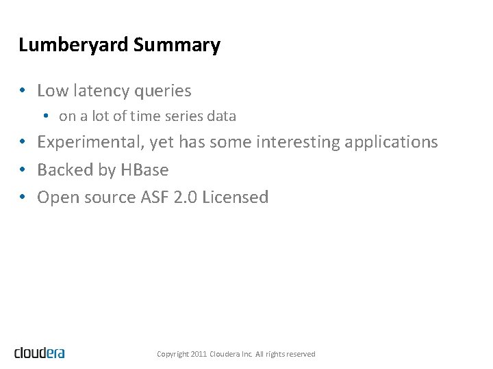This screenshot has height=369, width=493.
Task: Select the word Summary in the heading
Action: pos(177,46)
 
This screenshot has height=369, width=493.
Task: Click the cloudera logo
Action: pos(40,353)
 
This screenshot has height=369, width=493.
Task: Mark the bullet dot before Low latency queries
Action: pos(23,90)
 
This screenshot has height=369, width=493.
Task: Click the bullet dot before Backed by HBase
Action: pos(23,169)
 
